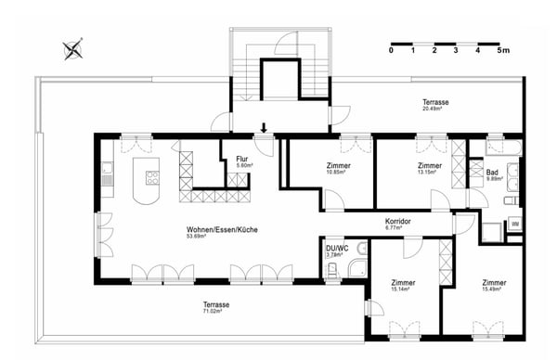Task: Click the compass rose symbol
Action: tap(73, 49)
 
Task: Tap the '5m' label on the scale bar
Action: tap(502, 51)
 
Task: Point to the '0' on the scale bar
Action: tap(391, 51)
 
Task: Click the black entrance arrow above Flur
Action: tap(265, 128)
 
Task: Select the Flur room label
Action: tap(241, 159)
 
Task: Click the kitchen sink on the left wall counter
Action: tap(108, 169)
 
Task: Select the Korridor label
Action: tap(397, 222)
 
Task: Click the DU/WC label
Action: tap(335, 249)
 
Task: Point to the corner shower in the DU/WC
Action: tap(356, 270)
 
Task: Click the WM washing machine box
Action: tap(514, 224)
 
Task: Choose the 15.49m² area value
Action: tap(493, 289)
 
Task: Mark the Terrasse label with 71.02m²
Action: tap(216, 304)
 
